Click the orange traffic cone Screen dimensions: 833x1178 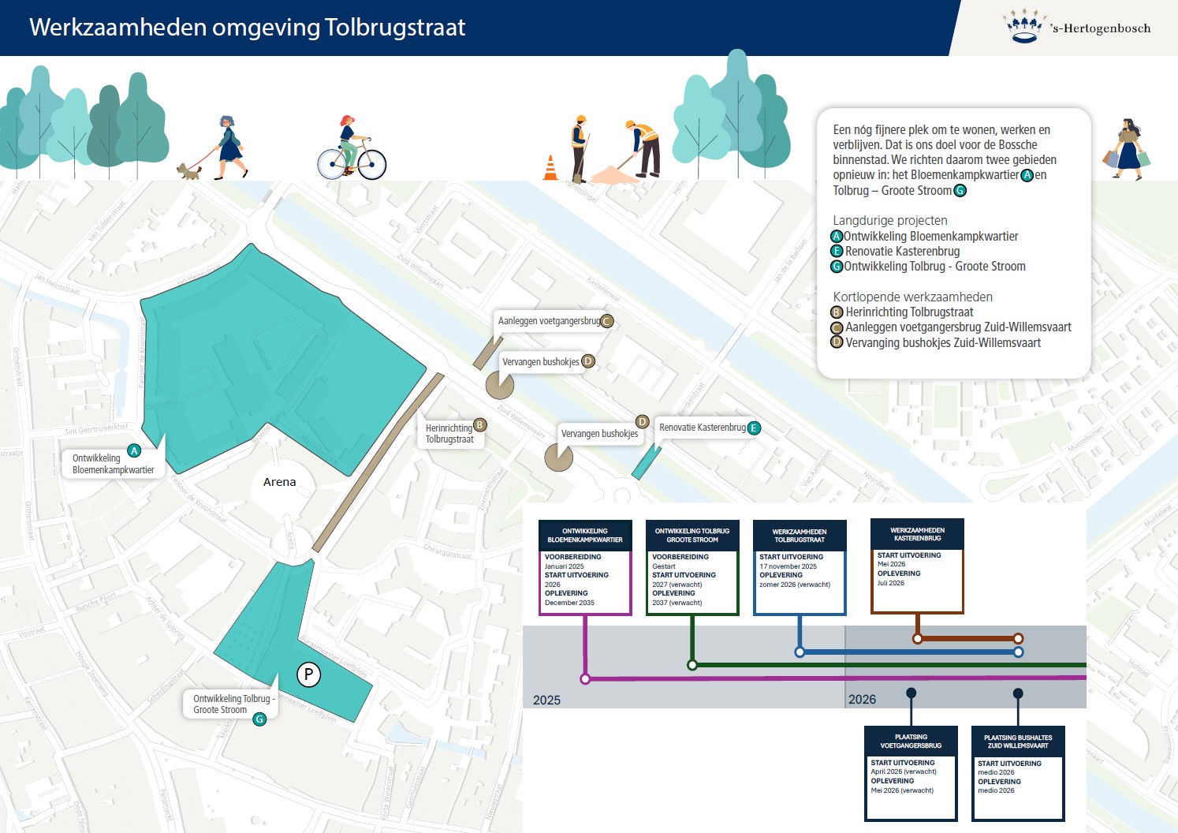(x=550, y=168)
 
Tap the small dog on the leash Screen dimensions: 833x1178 (x=188, y=171)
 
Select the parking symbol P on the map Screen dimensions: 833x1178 (x=308, y=674)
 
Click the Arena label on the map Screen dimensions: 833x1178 (x=280, y=482)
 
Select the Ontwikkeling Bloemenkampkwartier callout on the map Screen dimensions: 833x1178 (x=113, y=464)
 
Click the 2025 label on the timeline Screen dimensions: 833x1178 (x=546, y=700)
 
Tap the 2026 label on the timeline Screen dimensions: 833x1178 (x=862, y=699)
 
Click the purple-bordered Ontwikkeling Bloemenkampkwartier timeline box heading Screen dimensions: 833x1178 (x=585, y=536)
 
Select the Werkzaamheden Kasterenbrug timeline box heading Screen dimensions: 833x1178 (x=917, y=534)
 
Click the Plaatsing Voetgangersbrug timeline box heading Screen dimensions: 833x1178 (x=911, y=741)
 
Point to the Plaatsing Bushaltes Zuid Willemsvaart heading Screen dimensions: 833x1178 (x=1018, y=741)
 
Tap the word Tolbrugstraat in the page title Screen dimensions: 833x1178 (x=395, y=28)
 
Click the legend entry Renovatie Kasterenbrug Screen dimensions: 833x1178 (x=902, y=251)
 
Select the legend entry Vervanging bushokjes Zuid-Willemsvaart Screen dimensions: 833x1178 (x=942, y=342)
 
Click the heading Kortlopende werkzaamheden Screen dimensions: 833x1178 (x=912, y=297)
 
